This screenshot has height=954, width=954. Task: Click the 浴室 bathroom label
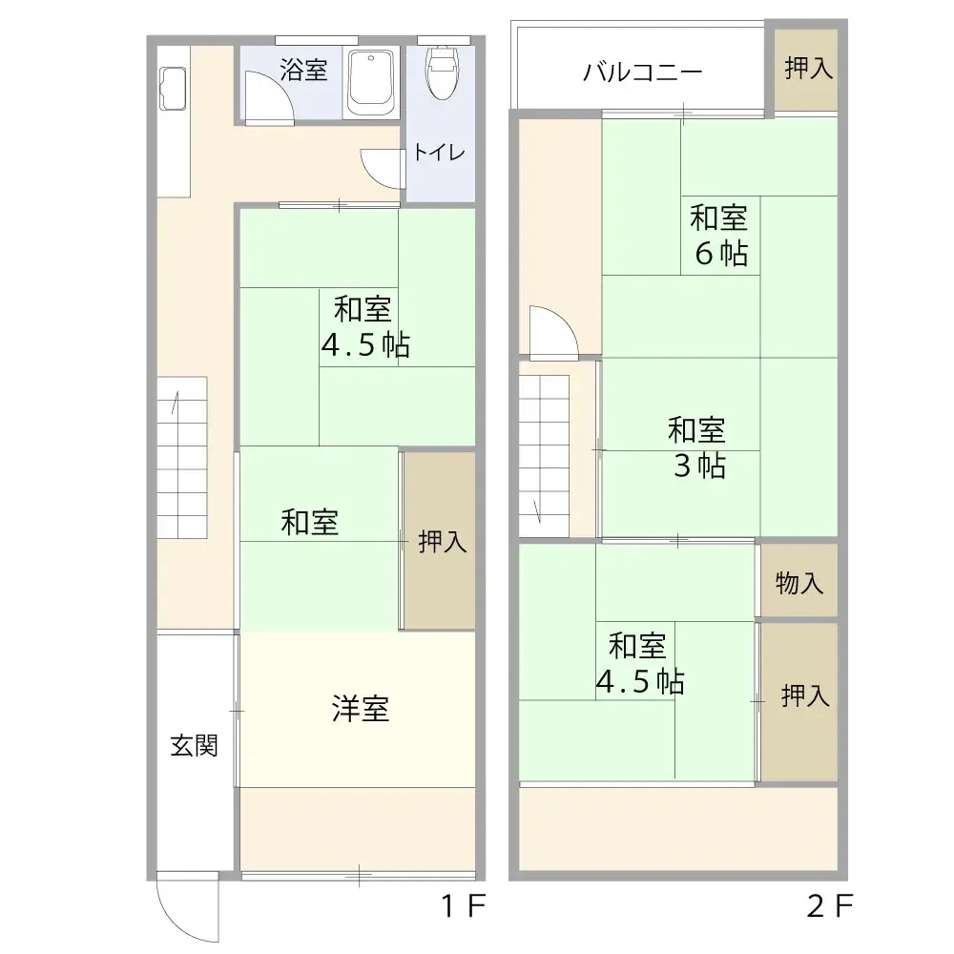click(x=304, y=70)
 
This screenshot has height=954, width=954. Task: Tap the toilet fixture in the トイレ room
click(x=441, y=73)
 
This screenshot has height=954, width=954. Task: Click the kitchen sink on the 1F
click(x=173, y=88)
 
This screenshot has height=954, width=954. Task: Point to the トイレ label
click(x=439, y=153)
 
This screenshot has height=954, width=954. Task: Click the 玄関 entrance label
click(x=195, y=745)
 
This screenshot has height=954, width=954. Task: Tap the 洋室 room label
click(x=361, y=709)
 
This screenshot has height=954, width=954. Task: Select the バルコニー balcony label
click(x=643, y=73)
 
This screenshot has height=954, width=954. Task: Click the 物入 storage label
click(x=799, y=583)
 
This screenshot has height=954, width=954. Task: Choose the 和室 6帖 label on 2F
click(x=719, y=236)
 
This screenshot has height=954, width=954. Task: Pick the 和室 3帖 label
click(x=696, y=447)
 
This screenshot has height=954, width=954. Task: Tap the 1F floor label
click(x=465, y=906)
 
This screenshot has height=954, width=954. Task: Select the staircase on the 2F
click(x=544, y=448)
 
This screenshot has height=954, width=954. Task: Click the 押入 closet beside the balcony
click(x=807, y=69)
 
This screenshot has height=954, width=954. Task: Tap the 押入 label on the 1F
click(x=443, y=542)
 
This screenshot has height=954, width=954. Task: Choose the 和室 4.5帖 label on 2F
click(x=638, y=663)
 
